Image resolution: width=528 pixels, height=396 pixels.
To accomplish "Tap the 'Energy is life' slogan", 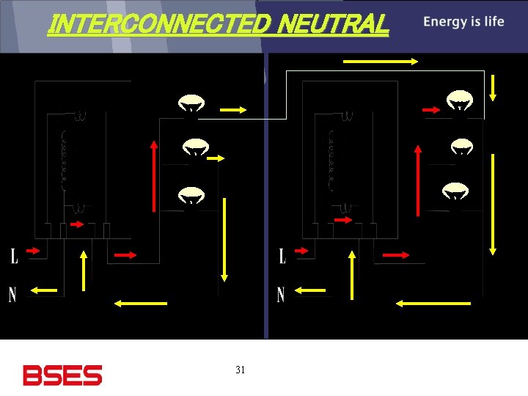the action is coord(463,21).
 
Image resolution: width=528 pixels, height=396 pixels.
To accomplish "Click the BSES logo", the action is coord(62,375).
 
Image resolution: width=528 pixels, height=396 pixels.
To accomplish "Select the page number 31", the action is coord(241,370).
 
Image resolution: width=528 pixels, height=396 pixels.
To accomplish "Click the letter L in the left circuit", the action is coord(14,256).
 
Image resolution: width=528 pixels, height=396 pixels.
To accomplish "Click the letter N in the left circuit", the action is coord(12,295).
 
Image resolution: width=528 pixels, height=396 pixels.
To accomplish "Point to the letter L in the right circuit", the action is coord(282,256).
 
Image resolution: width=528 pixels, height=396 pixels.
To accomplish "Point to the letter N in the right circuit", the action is coord(281,295).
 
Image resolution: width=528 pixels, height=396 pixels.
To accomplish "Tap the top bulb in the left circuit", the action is coord(191,104).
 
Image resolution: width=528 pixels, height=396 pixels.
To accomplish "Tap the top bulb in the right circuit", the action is coord(460,102).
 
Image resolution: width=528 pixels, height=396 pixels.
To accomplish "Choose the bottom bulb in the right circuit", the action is coord(455,191).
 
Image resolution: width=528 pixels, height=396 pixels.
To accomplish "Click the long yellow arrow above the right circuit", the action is coord(381,62).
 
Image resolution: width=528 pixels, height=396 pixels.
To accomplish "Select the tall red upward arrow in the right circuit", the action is coord(418,179).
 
